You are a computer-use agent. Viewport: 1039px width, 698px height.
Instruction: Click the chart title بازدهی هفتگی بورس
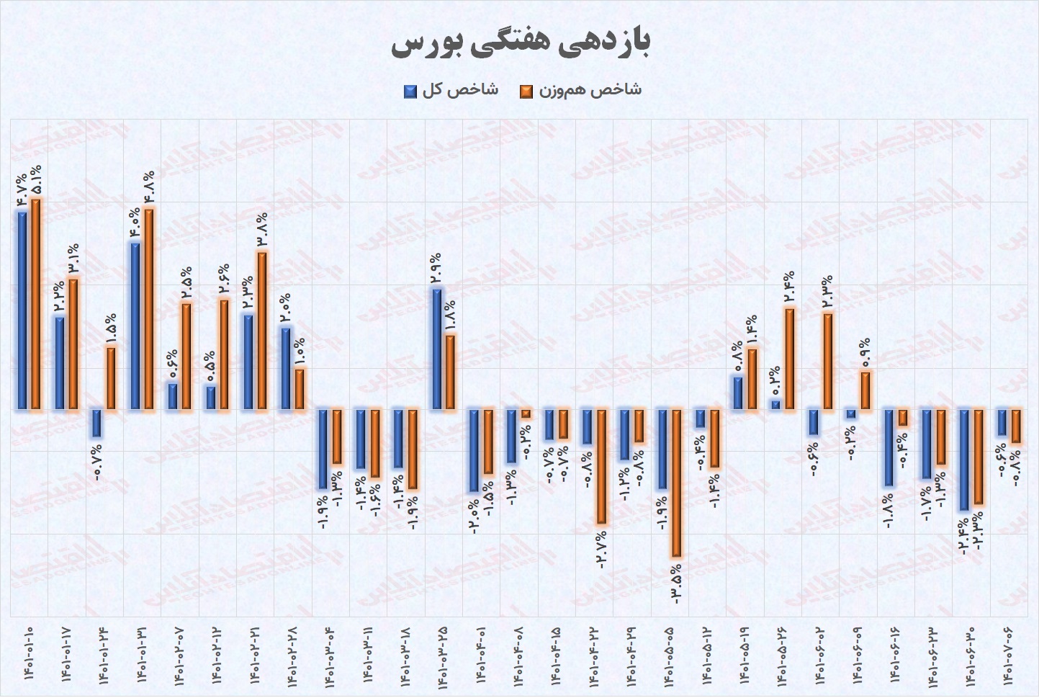(521, 43)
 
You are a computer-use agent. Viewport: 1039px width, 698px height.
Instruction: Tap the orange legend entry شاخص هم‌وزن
(580, 90)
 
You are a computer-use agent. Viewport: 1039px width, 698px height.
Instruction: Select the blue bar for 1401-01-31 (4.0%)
(135, 326)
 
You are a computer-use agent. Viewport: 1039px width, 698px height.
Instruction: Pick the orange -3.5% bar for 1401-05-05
(676, 483)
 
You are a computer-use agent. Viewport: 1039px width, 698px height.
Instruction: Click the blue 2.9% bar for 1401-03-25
(436, 349)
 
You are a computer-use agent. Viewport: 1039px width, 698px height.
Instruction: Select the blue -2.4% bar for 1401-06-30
(962, 460)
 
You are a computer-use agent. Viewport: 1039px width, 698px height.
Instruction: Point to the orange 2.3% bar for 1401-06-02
(827, 362)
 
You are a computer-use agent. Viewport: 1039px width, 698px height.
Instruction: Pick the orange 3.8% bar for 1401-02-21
(262, 331)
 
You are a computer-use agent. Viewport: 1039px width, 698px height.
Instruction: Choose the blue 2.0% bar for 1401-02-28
(285, 369)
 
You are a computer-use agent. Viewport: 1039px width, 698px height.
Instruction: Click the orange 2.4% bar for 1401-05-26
(789, 359)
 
